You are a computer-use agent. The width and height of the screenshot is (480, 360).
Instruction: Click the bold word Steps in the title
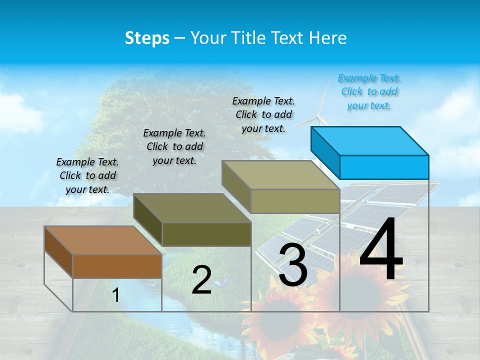pyautogui.click(x=147, y=38)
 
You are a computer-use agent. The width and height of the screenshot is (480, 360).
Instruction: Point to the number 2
pyautogui.click(x=201, y=280)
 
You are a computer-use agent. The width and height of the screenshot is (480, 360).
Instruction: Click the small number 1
pyautogui.click(x=116, y=295)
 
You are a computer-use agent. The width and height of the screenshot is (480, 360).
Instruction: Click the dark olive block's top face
pyautogui.click(x=192, y=208)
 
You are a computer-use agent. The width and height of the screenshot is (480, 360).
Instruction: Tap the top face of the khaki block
pyautogui.click(x=280, y=175)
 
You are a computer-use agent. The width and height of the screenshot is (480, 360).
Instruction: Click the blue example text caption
pyautogui.click(x=369, y=91)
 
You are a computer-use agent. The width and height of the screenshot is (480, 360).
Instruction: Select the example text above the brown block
pyautogui.click(x=87, y=175)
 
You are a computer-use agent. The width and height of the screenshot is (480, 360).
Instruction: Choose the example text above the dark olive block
pyautogui.click(x=174, y=146)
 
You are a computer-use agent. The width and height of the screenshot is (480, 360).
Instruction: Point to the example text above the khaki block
pyautogui.click(x=263, y=114)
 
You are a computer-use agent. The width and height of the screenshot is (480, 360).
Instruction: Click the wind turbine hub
pyautogui.click(x=318, y=118)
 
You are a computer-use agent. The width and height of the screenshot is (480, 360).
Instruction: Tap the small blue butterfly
pyautogui.click(x=218, y=283)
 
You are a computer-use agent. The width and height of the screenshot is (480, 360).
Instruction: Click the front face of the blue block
pyautogui.click(x=384, y=167)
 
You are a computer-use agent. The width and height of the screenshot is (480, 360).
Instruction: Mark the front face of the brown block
pyautogui.click(x=117, y=266)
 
